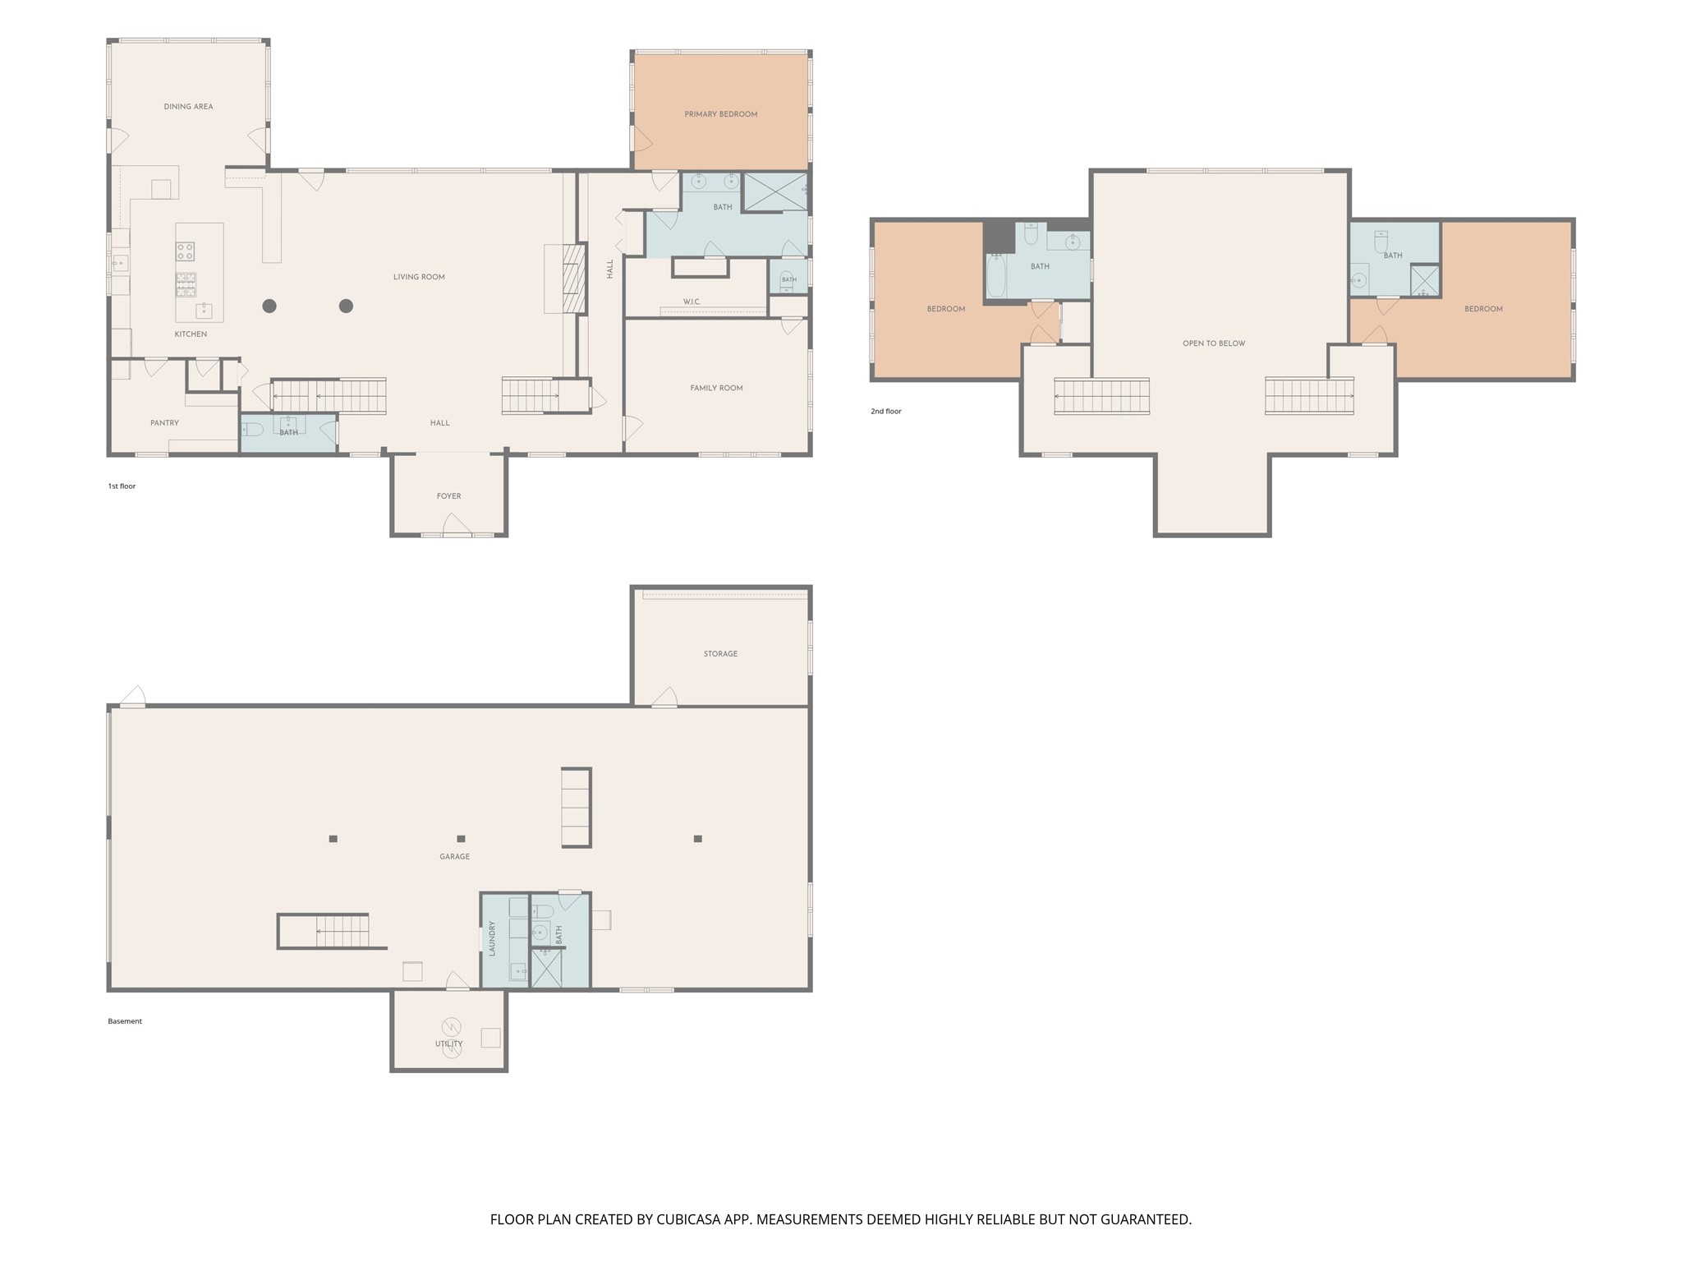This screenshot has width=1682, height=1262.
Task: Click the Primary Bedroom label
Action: (x=720, y=114)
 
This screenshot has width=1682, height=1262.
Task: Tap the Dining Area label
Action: (x=188, y=107)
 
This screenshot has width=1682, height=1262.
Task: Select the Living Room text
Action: (x=419, y=277)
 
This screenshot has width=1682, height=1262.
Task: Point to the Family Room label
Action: (x=716, y=388)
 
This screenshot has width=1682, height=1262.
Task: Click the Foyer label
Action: (x=448, y=496)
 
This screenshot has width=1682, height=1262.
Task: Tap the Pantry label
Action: (x=164, y=423)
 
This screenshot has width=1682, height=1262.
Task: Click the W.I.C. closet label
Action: (x=692, y=302)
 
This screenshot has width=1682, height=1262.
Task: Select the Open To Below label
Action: (x=1214, y=343)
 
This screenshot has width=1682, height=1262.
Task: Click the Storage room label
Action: (x=720, y=654)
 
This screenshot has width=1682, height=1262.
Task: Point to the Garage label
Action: (x=454, y=857)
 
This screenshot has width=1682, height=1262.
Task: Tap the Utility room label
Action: (x=448, y=1044)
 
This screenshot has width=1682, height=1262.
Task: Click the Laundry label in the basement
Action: (x=492, y=938)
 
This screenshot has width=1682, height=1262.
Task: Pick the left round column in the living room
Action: (x=269, y=306)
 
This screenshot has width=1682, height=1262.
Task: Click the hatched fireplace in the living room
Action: (x=573, y=279)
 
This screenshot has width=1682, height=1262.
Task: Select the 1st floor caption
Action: (x=122, y=486)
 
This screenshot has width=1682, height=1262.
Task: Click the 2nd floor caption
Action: (x=886, y=412)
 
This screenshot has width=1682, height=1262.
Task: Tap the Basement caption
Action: (x=125, y=1021)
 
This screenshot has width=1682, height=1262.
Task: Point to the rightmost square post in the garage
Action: (x=697, y=839)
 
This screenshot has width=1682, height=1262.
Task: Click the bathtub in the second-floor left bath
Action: (x=995, y=275)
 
